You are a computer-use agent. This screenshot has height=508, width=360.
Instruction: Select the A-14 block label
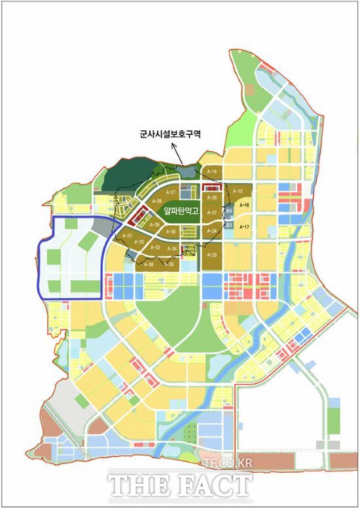pos(211,172)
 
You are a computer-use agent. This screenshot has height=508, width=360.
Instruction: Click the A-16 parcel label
pos(245,205)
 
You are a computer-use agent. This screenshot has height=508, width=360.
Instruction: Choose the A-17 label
pos(245,227)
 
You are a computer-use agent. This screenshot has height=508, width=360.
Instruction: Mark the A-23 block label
pos(211,254)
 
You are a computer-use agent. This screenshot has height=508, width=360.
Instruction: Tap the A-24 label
pos(211,231)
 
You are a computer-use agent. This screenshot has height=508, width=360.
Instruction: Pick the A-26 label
pos(211,197)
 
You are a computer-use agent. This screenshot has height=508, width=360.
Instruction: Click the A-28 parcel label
pos(156,201)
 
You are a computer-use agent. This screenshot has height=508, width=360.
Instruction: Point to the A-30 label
pos(171,232)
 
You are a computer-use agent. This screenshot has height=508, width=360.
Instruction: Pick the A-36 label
pos(148,264)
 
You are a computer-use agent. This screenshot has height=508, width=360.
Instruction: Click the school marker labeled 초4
pos(229,211)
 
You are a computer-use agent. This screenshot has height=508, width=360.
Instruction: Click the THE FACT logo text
pos(179,485)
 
